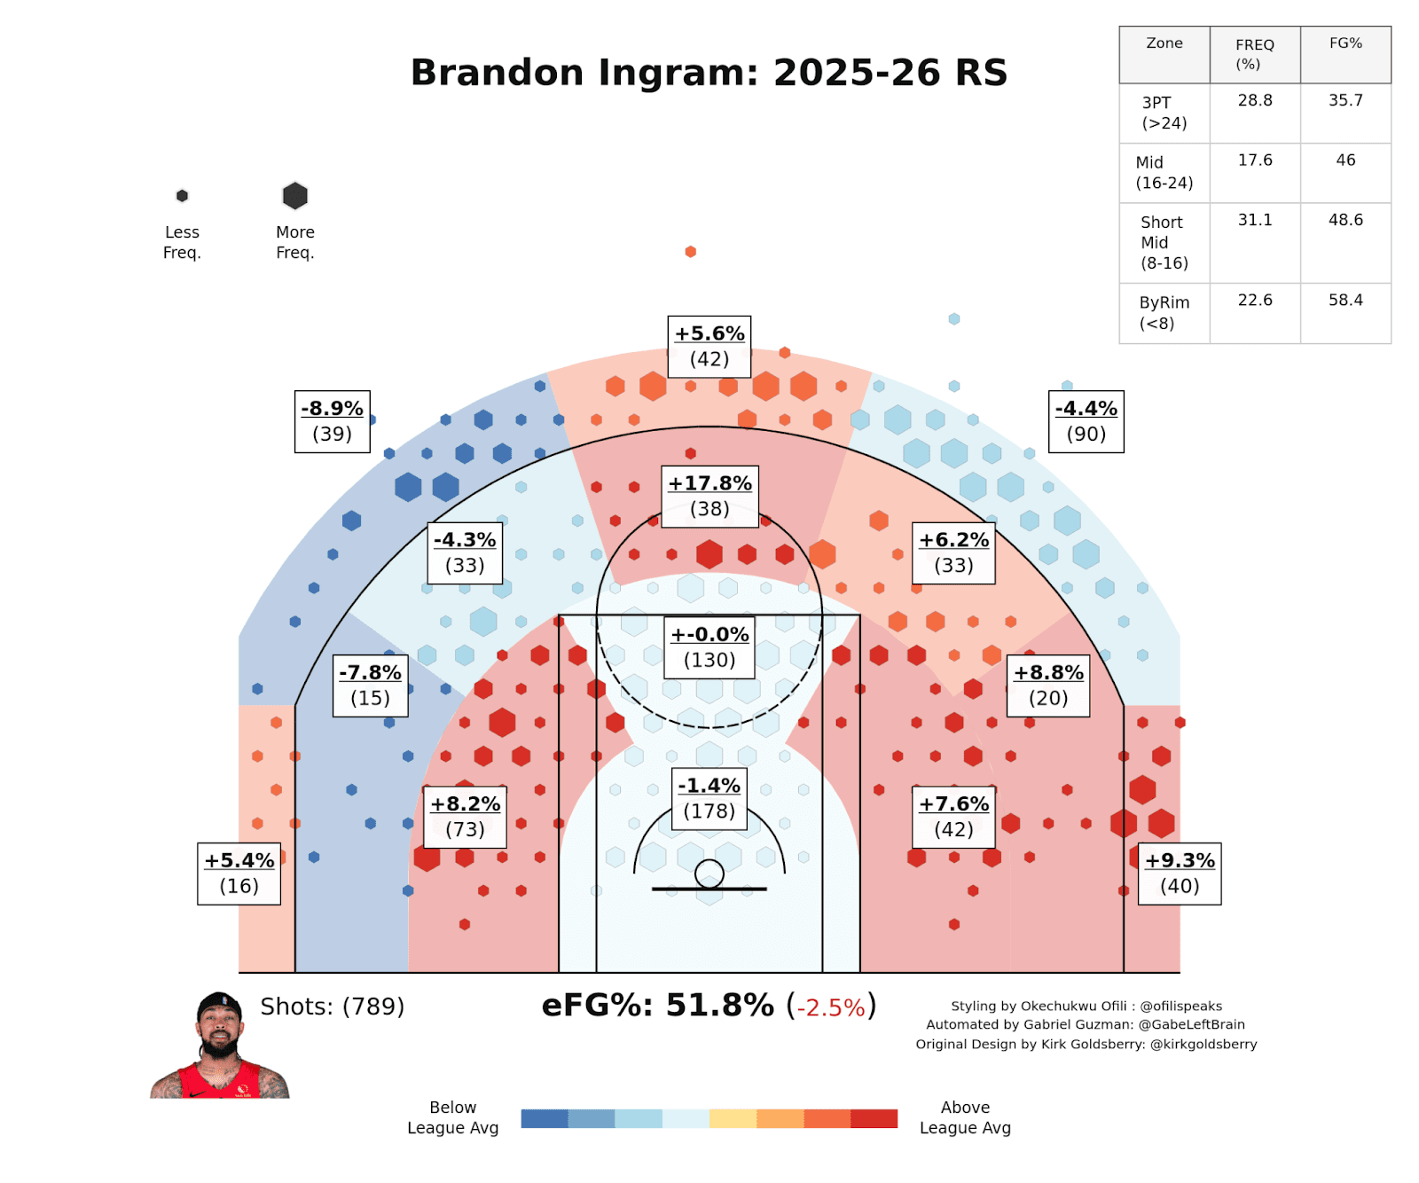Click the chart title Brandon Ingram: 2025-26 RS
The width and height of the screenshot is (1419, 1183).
click(x=709, y=73)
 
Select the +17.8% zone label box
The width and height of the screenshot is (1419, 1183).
click(x=709, y=496)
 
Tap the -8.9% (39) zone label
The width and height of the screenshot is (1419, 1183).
click(x=332, y=421)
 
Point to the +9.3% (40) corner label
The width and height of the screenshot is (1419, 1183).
click(x=1179, y=874)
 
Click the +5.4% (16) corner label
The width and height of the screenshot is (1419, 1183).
click(x=239, y=874)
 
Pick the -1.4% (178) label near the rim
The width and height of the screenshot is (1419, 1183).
click(x=709, y=798)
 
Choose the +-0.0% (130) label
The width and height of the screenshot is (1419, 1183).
click(x=709, y=647)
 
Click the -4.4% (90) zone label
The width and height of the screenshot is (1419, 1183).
click(x=1086, y=421)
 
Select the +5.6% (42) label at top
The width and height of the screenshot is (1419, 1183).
click(x=709, y=347)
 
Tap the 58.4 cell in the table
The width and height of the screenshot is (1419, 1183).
click(x=1345, y=301)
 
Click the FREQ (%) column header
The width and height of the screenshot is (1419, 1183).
click(x=1254, y=54)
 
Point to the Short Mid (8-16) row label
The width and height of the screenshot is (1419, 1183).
click(x=1164, y=242)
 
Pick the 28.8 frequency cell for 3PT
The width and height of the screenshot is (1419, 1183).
click(x=1254, y=101)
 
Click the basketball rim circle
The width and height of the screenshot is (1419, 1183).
click(x=709, y=874)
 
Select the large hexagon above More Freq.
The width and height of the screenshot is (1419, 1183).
click(x=294, y=196)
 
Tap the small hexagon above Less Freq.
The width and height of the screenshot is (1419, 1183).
click(x=182, y=196)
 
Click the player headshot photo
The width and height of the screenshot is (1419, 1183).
click(x=219, y=1046)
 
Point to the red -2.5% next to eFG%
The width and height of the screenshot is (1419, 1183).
click(x=830, y=1008)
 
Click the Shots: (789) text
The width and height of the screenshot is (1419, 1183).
click(x=332, y=1007)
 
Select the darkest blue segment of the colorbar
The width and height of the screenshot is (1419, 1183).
click(x=544, y=1118)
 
